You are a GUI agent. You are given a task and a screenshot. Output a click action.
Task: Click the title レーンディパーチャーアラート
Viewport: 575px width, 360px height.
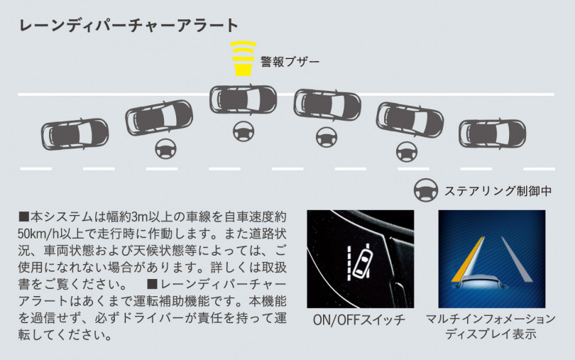pos(128,26)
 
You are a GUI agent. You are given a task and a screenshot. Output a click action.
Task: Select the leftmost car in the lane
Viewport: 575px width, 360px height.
pos(75,133)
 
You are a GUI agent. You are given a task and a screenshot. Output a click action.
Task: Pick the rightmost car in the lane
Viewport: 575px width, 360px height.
pos(492,132)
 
